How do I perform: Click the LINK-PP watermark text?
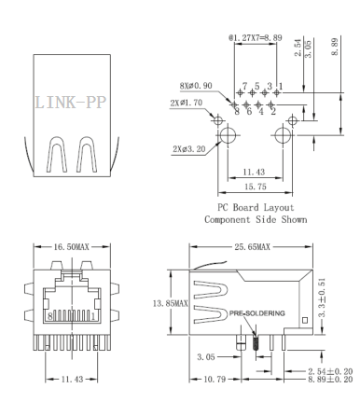point(71,103)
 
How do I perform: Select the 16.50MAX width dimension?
point(72,247)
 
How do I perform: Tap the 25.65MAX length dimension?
point(252,247)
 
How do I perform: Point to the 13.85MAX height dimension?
point(170,303)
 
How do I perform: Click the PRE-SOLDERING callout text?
point(256,313)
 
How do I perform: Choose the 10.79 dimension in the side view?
point(215,379)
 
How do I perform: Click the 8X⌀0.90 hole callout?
point(196,86)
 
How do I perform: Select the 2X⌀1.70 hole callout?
point(187,103)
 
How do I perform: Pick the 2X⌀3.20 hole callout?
point(189,149)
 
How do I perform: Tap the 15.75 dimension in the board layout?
point(256,187)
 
